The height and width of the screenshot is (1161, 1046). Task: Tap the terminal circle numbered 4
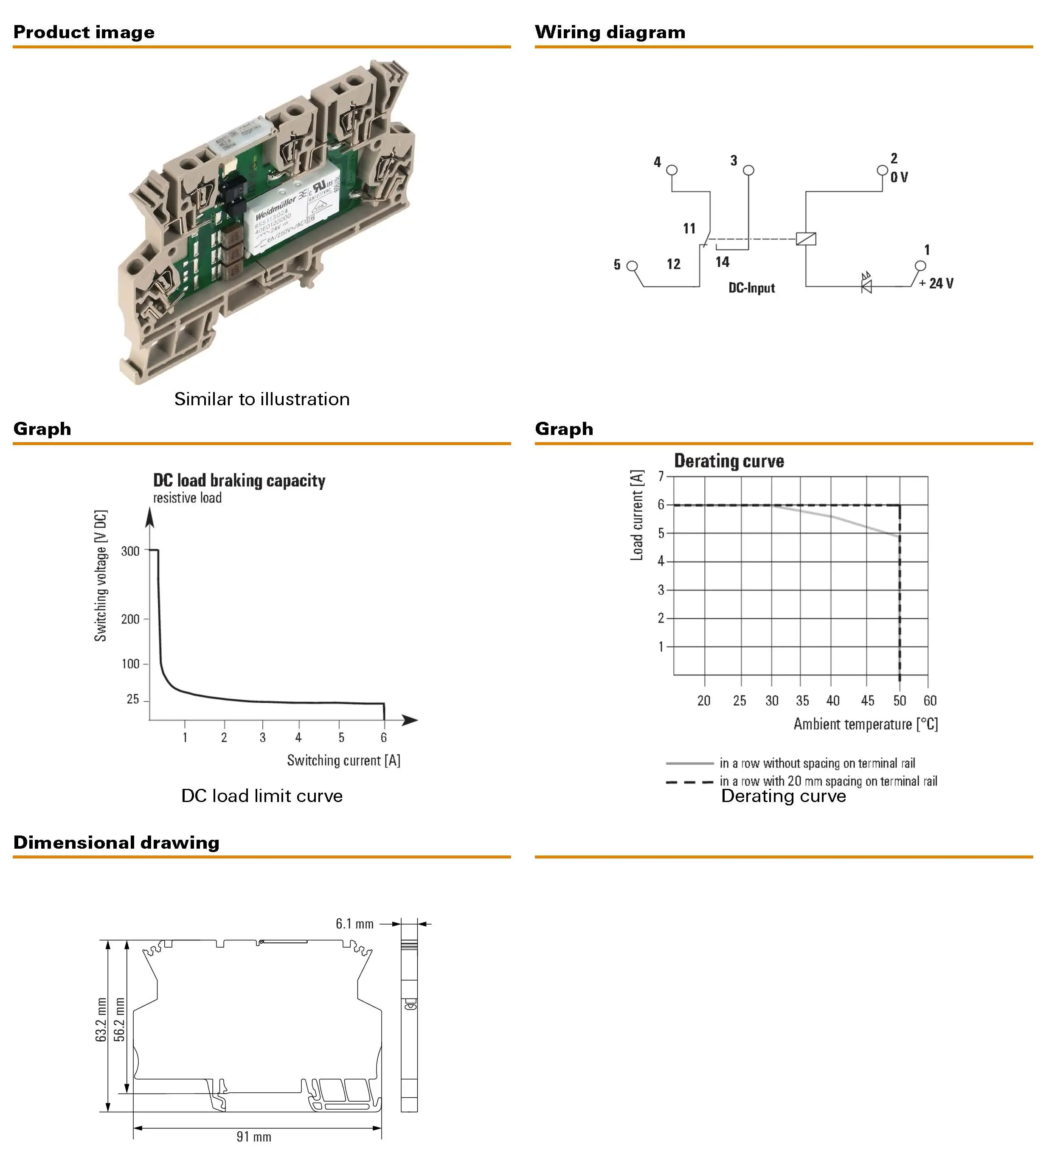[x=671, y=170]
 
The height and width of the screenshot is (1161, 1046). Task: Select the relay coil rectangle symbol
[x=806, y=238]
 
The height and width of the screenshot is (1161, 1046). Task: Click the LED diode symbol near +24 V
[x=866, y=284]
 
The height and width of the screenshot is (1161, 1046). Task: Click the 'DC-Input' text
[x=751, y=288]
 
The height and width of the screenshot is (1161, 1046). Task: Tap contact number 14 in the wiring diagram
[x=723, y=262]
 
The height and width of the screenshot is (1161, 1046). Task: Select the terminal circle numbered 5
[x=632, y=266]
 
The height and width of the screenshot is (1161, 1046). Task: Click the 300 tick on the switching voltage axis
[x=130, y=551]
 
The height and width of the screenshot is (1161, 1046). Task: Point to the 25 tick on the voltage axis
[x=133, y=699]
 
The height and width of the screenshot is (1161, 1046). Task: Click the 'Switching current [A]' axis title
[x=344, y=760]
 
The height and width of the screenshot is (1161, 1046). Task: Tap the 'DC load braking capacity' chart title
[x=239, y=480]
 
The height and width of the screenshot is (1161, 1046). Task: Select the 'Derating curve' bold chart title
[x=729, y=461]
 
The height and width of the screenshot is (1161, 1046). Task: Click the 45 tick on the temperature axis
[x=867, y=700]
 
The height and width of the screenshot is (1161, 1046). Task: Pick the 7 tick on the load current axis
[x=661, y=476]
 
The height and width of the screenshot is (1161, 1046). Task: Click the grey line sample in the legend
[x=689, y=763]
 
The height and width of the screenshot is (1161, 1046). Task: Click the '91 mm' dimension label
[x=253, y=1136]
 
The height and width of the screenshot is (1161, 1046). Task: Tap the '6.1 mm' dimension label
[x=354, y=924]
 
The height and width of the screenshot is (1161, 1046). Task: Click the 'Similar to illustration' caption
[x=262, y=399]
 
